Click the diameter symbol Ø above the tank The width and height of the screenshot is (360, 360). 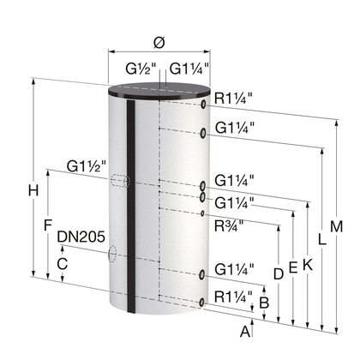[x=159, y=43]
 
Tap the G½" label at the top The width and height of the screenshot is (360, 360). [x=141, y=69]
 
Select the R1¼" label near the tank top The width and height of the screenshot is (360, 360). [x=234, y=99]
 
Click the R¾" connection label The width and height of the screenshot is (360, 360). [x=229, y=226]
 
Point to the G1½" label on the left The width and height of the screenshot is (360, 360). [x=87, y=166]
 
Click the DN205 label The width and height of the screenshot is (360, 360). [x=81, y=237]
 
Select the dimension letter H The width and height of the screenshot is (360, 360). [x=33, y=190]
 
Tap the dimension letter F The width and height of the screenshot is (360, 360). [x=48, y=225]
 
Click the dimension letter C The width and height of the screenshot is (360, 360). [x=63, y=264]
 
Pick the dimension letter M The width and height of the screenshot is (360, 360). [x=336, y=227]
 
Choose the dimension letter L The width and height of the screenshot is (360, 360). [x=322, y=239]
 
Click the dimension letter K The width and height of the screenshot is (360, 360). [x=308, y=265]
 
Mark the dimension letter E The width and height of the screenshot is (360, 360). [x=293, y=267]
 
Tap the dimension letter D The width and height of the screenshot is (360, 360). [x=279, y=274]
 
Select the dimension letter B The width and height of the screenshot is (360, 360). [x=264, y=303]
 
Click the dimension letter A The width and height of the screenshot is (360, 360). [x=245, y=332]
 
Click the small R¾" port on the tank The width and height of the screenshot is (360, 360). [x=202, y=213]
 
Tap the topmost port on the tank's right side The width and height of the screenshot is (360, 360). [x=203, y=105]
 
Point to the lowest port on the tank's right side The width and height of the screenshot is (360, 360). [x=202, y=303]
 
